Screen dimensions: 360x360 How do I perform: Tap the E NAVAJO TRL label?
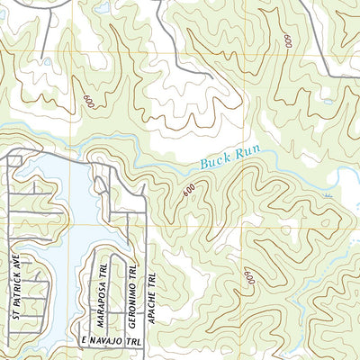pyautogui.click(x=110, y=343)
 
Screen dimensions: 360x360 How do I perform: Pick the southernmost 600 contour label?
pyautogui.click(x=247, y=278)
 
